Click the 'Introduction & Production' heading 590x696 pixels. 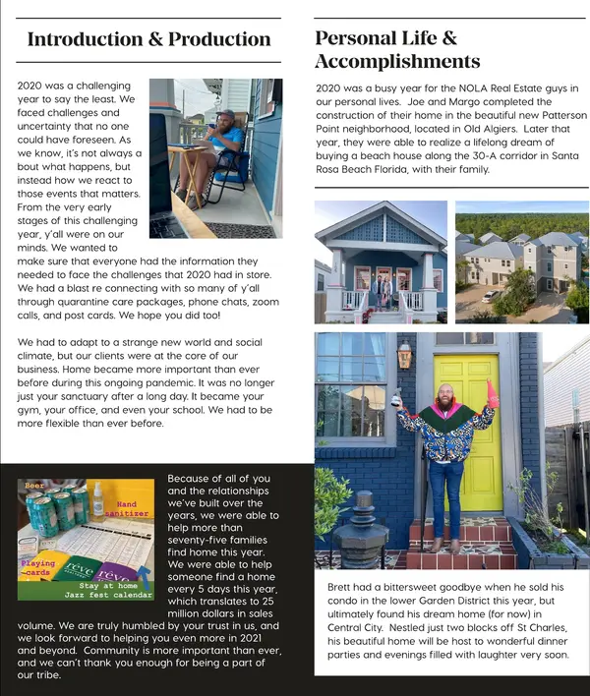pos(148,40)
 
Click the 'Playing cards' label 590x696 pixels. pos(38,568)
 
